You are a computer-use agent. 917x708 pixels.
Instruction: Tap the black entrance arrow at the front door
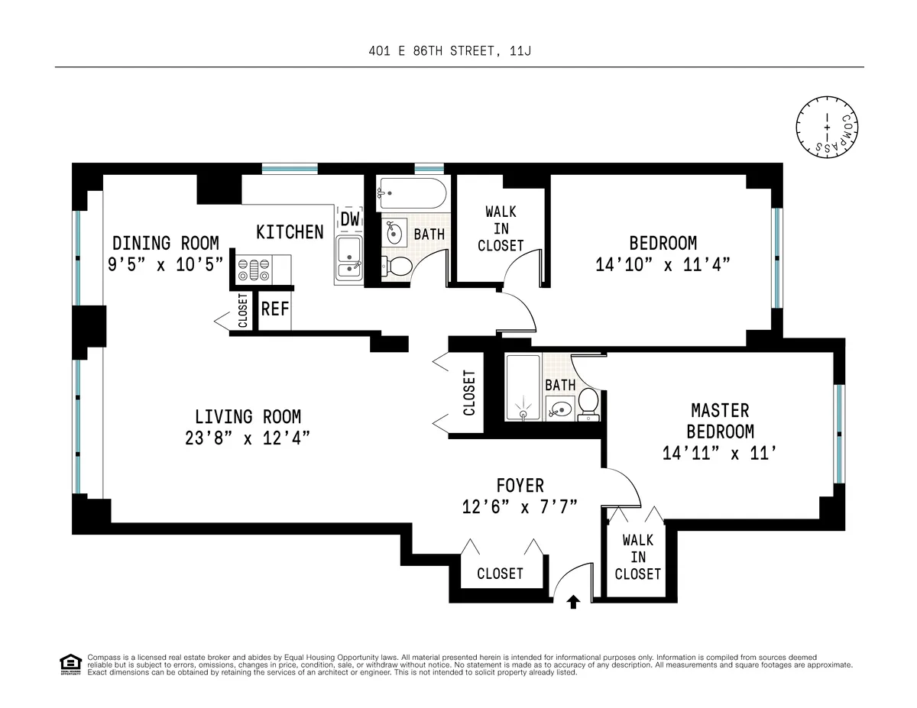pos(573,602)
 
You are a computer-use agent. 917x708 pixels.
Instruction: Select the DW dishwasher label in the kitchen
pos(350,219)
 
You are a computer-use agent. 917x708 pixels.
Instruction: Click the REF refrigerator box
pos(275,309)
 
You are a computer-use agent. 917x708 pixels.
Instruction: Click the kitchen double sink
pos(348,258)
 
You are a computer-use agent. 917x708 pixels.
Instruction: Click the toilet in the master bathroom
pos(588,403)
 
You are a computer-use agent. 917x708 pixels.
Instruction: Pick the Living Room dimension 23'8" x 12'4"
pos(248,438)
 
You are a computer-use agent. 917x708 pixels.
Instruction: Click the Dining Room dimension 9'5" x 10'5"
pos(166,263)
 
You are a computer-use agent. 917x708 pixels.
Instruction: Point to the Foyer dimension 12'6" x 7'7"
pos(519,506)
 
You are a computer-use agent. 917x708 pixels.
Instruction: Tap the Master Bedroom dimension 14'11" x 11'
pos(720,453)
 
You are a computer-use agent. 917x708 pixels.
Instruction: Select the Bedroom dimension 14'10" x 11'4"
pos(663,265)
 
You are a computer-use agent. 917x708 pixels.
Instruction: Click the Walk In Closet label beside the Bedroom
pos(501,228)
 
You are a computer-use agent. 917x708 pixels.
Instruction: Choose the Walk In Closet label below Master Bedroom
pos(637,557)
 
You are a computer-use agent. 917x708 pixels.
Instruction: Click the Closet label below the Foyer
pos(500,574)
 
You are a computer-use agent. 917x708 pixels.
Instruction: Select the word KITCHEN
pos(290,232)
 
